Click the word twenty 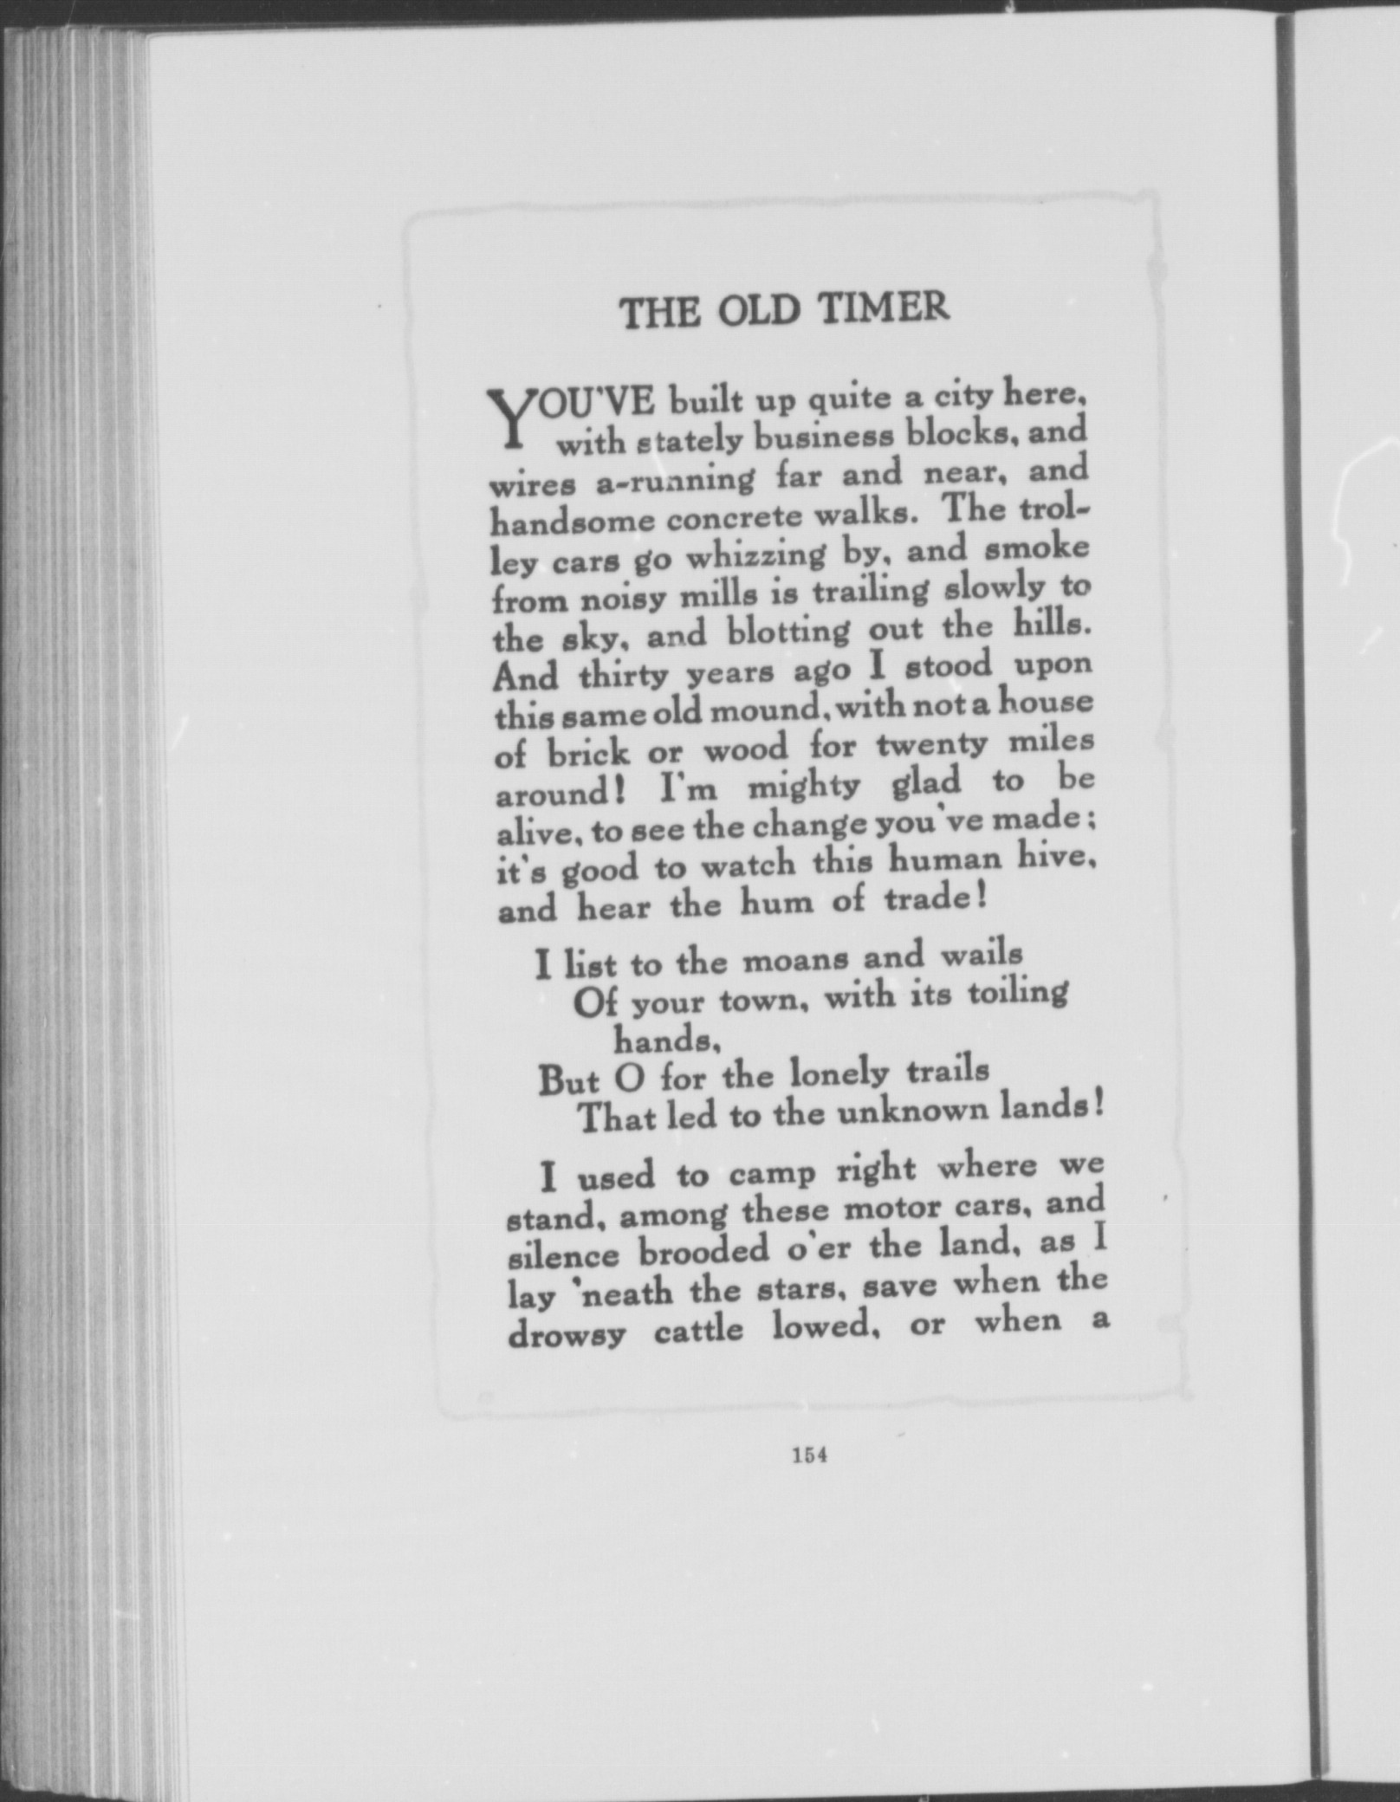coord(931,744)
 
